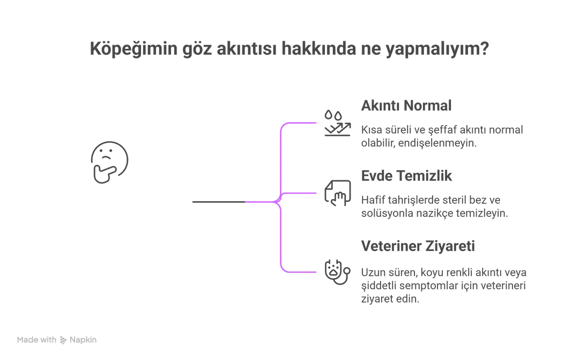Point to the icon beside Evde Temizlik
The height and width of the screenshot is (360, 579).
tap(338, 192)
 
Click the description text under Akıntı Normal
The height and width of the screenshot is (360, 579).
tap(443, 136)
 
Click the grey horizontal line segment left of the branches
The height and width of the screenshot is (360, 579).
tap(217, 202)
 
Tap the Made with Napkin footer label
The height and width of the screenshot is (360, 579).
tap(56, 340)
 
